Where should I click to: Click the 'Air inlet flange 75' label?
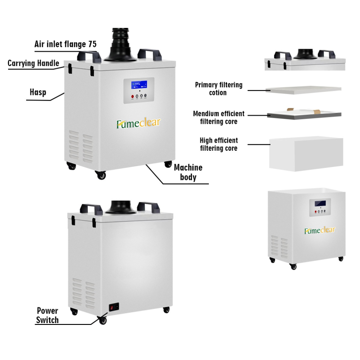point(65,44)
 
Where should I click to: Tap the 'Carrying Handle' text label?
point(33,63)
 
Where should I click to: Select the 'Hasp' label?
point(38,92)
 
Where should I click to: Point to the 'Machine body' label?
point(188,172)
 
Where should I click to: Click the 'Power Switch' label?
point(47,315)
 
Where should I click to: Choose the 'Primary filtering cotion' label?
point(219,89)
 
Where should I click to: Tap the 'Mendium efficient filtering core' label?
point(219,117)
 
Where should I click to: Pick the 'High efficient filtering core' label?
point(219,144)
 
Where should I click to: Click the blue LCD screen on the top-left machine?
point(139,85)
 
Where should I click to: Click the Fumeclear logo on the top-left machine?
point(139,123)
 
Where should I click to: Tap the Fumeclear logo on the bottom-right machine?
point(320,230)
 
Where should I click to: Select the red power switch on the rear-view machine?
point(112,307)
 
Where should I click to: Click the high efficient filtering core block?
point(306,154)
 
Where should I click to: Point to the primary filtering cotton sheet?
point(303,90)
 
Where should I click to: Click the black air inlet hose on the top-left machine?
point(121,45)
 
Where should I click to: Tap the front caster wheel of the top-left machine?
point(100,175)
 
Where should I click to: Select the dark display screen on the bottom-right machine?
point(320,203)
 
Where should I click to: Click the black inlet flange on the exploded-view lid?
point(306,54)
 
